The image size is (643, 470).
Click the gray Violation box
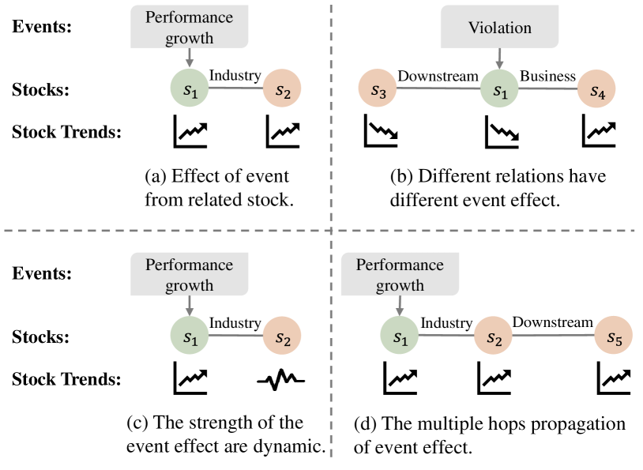(x=499, y=28)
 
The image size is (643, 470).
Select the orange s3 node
(x=378, y=89)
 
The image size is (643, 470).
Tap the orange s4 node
(x=596, y=90)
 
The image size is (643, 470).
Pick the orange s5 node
(x=614, y=335)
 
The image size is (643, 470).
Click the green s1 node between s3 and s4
(x=499, y=89)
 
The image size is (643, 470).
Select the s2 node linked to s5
(x=493, y=335)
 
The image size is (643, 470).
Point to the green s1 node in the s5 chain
(x=400, y=335)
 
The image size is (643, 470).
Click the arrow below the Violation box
(x=499, y=59)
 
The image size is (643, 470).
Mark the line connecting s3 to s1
(x=438, y=89)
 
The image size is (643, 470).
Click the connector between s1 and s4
(x=547, y=89)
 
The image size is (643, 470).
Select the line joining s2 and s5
(x=553, y=335)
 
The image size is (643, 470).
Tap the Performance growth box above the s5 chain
(x=400, y=274)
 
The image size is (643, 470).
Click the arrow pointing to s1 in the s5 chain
(x=400, y=305)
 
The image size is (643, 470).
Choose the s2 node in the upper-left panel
(x=282, y=88)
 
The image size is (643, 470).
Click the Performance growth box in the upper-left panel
(x=190, y=28)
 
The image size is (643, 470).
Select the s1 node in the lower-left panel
(x=190, y=335)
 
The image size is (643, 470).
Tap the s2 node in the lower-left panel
(x=282, y=336)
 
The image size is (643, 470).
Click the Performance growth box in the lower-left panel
(x=190, y=274)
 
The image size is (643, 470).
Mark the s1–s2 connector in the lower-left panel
(x=235, y=336)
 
